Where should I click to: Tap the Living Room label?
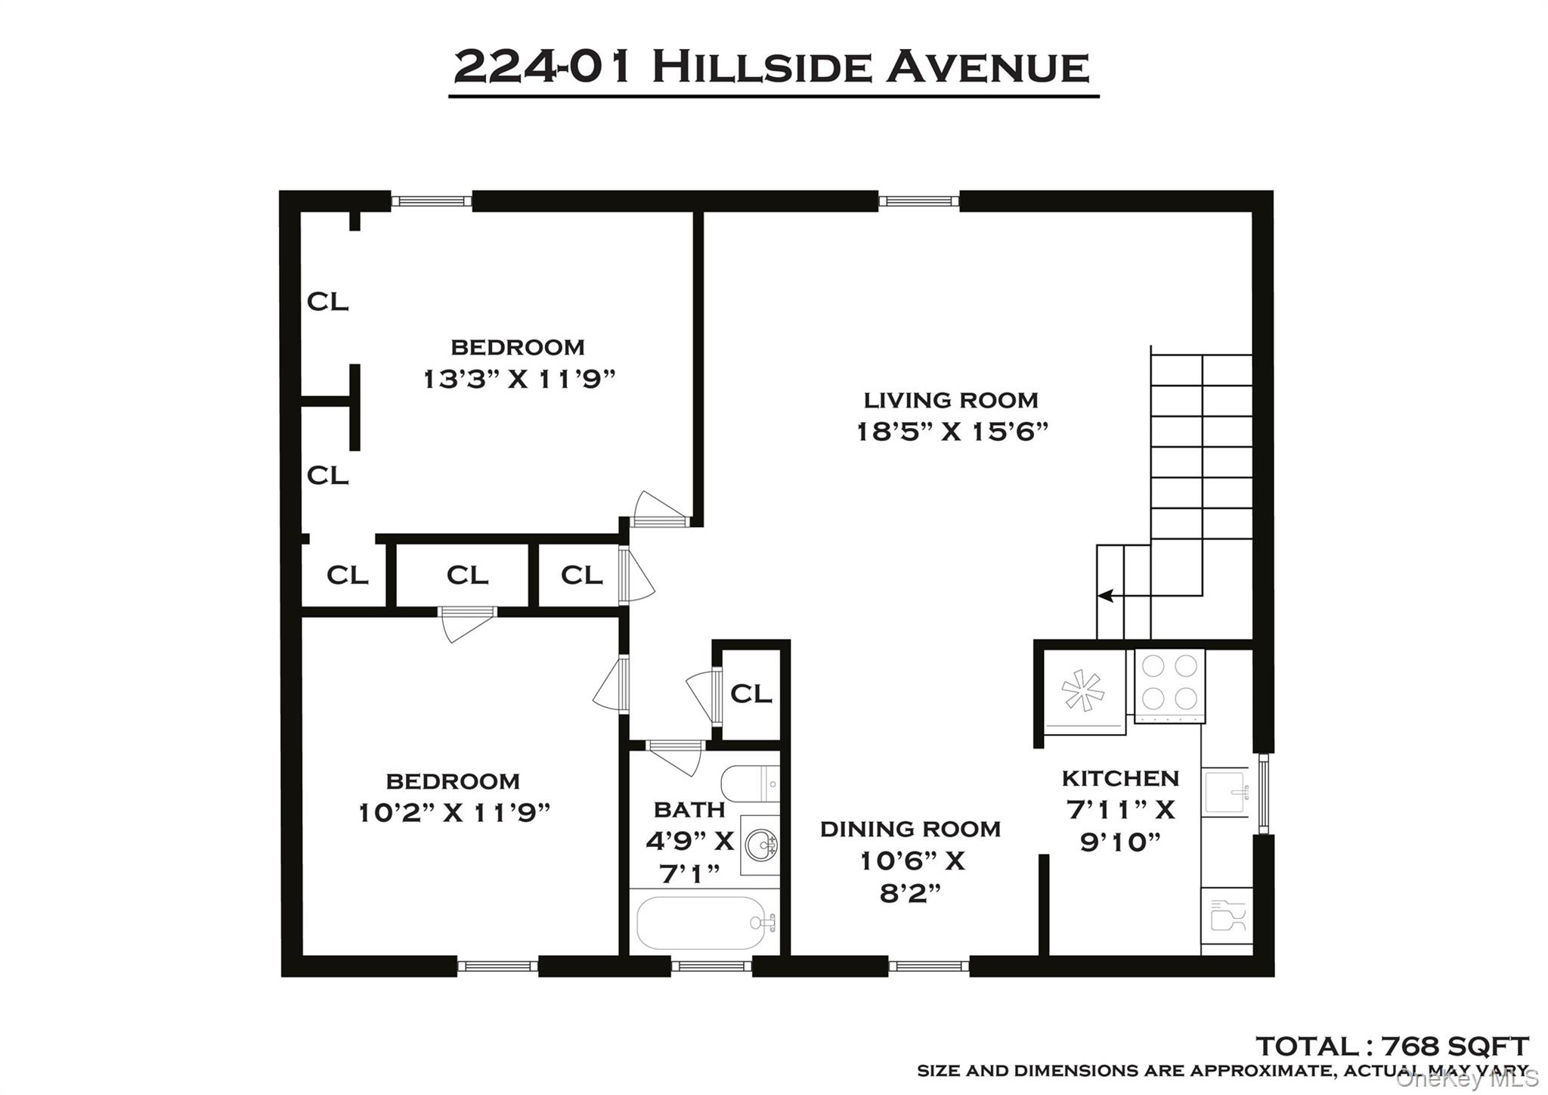[951, 400]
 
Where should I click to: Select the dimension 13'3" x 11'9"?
[519, 379]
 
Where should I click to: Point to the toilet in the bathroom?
[748, 783]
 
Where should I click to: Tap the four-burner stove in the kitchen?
[1169, 682]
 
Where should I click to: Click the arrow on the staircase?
[1106, 596]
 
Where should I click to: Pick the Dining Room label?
[910, 829]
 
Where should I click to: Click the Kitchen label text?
[1120, 778]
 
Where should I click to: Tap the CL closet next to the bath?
[751, 693]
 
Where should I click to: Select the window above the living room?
[918, 201]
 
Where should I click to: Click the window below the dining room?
[928, 966]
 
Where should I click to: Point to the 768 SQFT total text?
[1391, 1047]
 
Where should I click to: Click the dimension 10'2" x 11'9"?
[454, 813]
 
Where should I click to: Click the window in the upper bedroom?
[431, 201]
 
